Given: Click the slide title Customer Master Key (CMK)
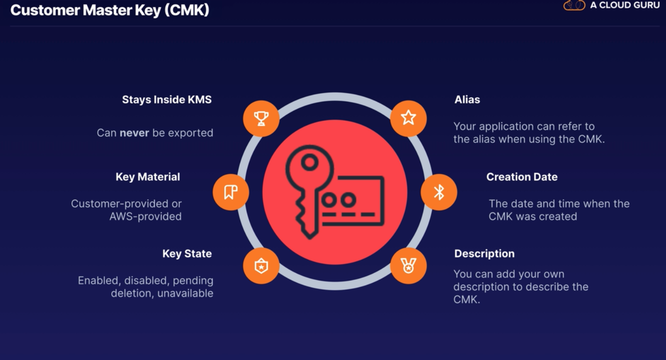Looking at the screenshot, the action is [x=109, y=10].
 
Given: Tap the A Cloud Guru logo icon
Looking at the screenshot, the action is [x=574, y=5].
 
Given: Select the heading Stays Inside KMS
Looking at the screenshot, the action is [x=167, y=100].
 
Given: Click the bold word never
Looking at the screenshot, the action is [x=134, y=133].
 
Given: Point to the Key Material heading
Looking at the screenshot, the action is [x=148, y=177].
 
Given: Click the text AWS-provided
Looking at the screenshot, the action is [x=145, y=216].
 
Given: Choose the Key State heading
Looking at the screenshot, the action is [x=187, y=254].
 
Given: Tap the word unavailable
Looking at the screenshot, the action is [x=185, y=293].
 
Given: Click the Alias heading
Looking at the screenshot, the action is [x=467, y=100].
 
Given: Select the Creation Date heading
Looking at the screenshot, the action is [x=522, y=177].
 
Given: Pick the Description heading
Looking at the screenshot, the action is [x=484, y=254].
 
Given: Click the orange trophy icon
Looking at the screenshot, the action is [x=261, y=118].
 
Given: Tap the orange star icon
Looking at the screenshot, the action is [x=408, y=118].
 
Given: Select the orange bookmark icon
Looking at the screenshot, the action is [x=231, y=192].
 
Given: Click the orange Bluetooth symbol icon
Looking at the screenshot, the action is [x=439, y=192].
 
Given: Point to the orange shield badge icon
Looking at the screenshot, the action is [x=261, y=266].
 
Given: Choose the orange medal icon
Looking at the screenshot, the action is [x=408, y=266].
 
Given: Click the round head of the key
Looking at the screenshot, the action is [x=310, y=163].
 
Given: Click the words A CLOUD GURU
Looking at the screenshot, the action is [x=625, y=5].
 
